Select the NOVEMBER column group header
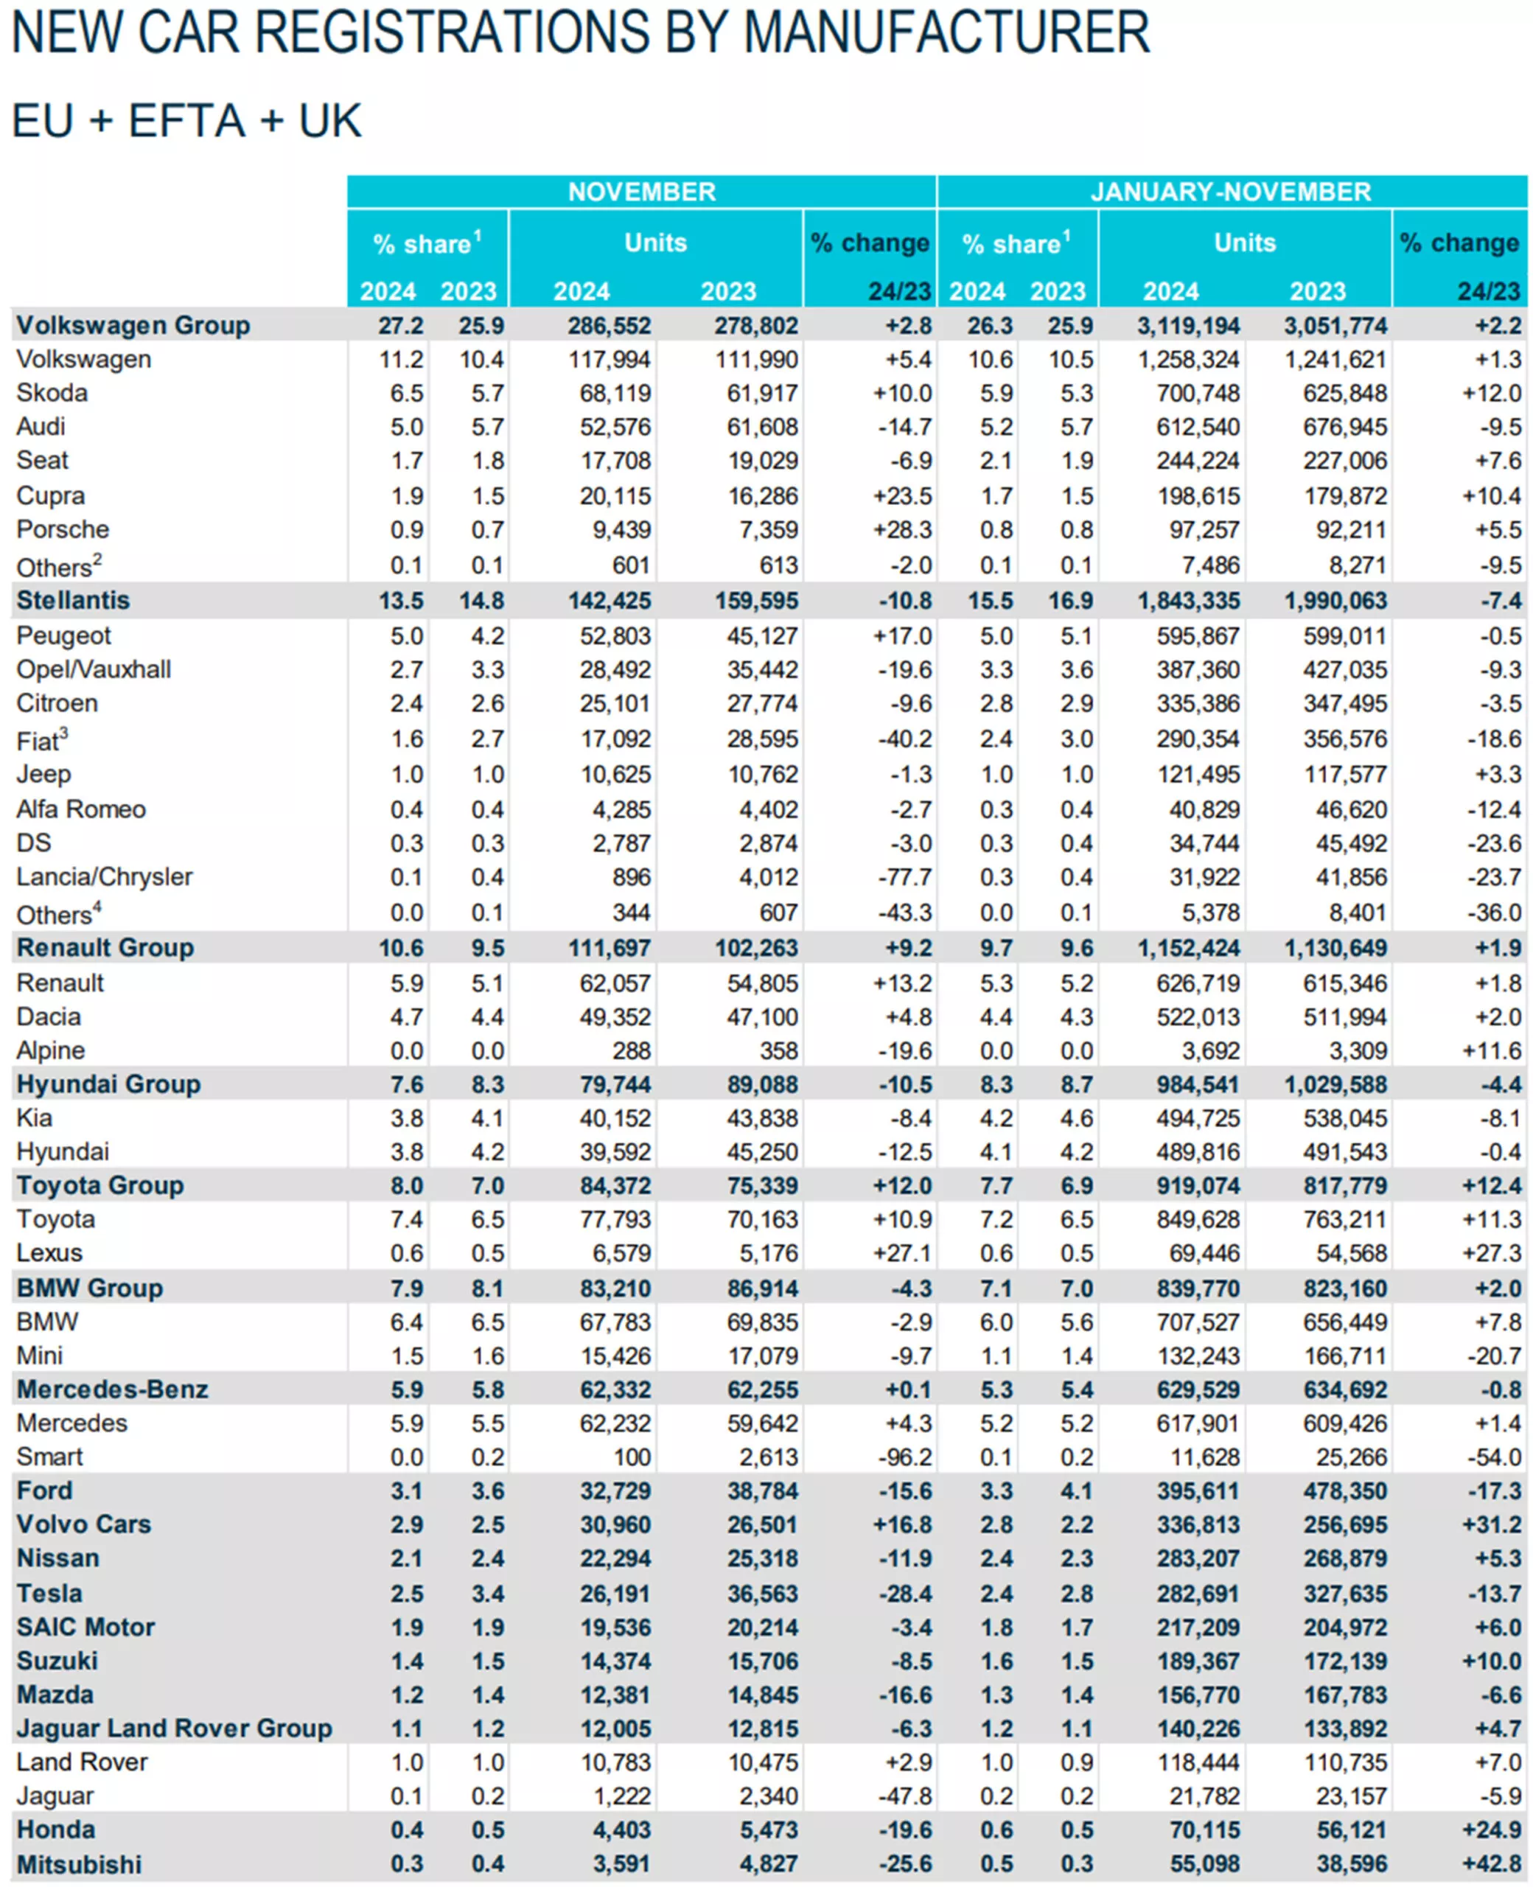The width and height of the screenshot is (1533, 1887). (641, 192)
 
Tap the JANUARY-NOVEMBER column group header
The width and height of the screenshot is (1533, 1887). (1230, 192)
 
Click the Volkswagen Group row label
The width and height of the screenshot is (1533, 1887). (133, 326)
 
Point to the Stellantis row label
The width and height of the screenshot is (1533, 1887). (73, 601)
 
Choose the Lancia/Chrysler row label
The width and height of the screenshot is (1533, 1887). (104, 877)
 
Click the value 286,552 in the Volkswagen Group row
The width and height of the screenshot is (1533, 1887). (609, 326)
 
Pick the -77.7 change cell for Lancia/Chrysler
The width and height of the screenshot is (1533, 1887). (904, 878)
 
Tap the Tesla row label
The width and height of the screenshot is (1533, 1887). (49, 1594)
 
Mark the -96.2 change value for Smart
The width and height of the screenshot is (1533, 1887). (904, 1458)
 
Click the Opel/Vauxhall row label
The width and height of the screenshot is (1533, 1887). (94, 669)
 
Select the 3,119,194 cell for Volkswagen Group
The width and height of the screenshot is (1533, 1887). (1189, 326)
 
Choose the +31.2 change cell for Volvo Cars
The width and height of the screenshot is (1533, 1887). (1492, 1525)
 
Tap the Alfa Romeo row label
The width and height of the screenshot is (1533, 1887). (81, 809)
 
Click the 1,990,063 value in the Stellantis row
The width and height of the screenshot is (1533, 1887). (1336, 601)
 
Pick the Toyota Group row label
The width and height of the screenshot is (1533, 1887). (99, 1185)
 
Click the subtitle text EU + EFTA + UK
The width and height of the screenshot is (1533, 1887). (186, 121)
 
